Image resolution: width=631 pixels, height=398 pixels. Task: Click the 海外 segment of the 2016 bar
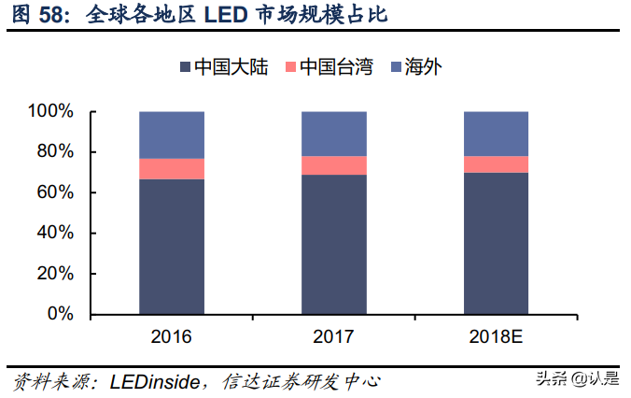[x=172, y=135]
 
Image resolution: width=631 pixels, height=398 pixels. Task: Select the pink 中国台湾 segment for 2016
[x=172, y=168]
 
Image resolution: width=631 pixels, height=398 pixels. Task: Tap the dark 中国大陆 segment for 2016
[x=172, y=246]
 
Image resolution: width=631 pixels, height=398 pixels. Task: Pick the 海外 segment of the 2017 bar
[x=333, y=134]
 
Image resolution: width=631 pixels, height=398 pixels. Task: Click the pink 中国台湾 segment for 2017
[x=333, y=165]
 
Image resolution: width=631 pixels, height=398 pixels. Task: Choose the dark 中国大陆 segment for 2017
[x=333, y=244]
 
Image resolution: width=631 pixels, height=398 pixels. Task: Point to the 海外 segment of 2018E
[x=496, y=134]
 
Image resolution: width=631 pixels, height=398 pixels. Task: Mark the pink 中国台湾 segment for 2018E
[x=496, y=164]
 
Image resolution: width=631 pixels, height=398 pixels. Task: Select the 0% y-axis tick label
[x=60, y=314]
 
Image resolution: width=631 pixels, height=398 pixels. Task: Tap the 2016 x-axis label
[x=172, y=336]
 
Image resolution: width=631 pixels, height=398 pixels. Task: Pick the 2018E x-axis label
[x=496, y=336]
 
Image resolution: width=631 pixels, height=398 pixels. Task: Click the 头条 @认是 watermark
[x=575, y=378]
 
